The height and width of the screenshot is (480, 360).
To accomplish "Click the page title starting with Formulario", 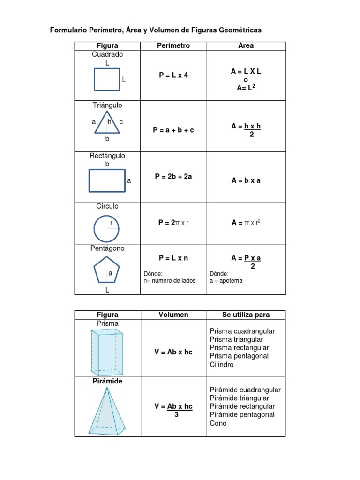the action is tap(156, 30).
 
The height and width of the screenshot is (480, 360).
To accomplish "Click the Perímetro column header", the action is tap(173, 45).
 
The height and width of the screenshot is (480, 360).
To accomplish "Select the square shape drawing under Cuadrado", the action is tap(107, 79).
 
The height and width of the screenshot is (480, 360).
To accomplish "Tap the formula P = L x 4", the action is tap(173, 75).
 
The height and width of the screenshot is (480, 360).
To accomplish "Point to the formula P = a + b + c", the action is tap(173, 130).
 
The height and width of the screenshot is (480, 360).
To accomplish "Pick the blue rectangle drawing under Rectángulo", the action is tap(107, 180).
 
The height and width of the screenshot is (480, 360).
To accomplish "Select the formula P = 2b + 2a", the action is tap(173, 177).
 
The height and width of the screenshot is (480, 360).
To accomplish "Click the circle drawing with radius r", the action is tap(106, 228).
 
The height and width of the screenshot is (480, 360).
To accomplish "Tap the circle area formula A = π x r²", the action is tap(246, 223).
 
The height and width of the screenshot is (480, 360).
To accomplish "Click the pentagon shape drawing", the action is tap(106, 271).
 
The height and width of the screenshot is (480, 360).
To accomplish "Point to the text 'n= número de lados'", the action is tap(170, 281).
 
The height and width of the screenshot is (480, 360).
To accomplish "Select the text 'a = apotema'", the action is tap(226, 281).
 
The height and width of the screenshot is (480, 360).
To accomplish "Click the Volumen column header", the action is tap(173, 315).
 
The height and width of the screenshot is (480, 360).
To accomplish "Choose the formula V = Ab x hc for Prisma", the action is tap(173, 352).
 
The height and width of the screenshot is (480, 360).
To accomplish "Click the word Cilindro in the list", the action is tap(222, 365).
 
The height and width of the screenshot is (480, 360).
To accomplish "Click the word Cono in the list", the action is tap(218, 423).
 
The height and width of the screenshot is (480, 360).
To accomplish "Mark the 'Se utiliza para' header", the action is tap(246, 315).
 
